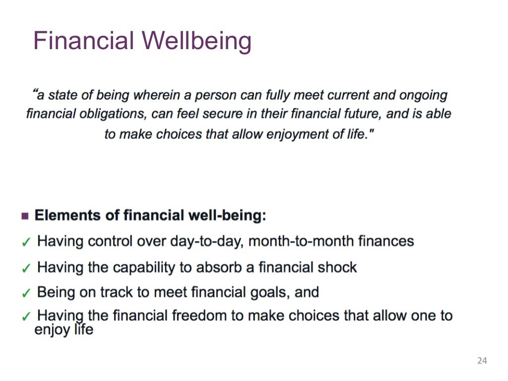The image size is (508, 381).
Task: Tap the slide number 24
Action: pos(482,361)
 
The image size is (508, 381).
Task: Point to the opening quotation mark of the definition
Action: pos(35,92)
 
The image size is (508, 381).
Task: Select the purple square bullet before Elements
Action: pos(25,216)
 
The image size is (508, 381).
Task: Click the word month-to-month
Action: pos(296,242)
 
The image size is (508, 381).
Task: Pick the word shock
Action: pos(337,267)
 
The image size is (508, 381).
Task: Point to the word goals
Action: pos(263,292)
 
